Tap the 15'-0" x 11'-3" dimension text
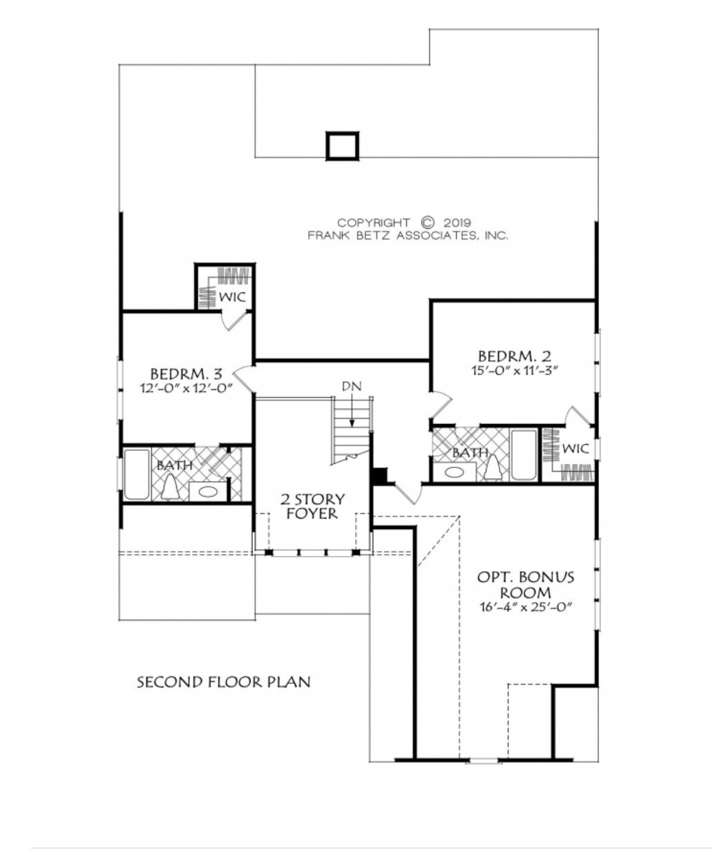[514, 371]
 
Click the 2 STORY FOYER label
[312, 506]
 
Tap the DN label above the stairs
[351, 386]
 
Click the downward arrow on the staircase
[352, 415]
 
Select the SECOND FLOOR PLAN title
[223, 683]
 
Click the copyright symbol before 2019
[428, 223]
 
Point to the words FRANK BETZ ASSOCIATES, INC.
[408, 235]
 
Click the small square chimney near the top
[343, 147]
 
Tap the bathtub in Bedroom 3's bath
[137, 474]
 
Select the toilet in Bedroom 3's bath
[170, 488]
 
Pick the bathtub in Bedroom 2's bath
[523, 455]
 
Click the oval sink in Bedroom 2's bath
[454, 472]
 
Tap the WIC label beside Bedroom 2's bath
[575, 449]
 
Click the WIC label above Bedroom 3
[233, 297]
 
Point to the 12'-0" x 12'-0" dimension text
[185, 388]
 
